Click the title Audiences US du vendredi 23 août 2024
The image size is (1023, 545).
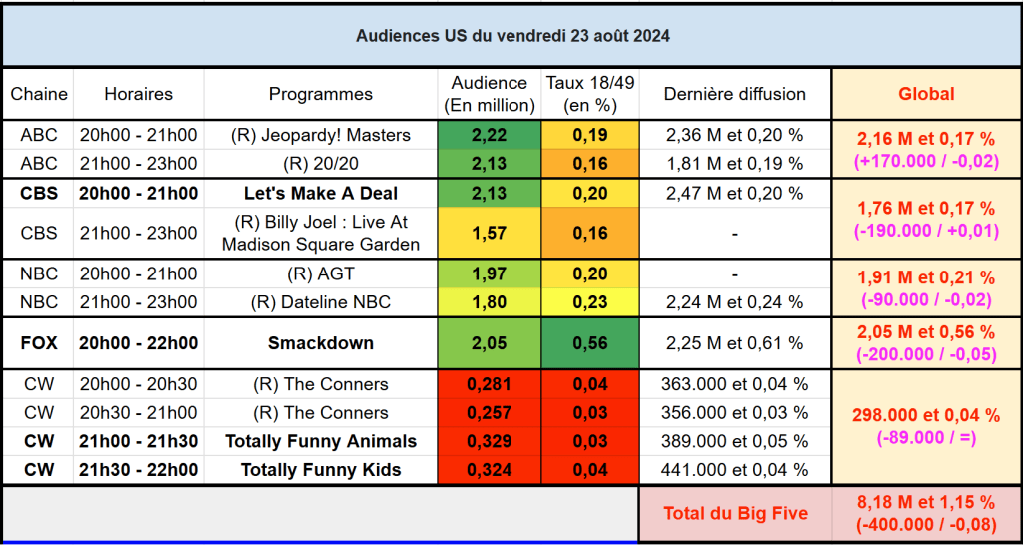click(x=512, y=36)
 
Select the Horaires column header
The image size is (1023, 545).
click(x=138, y=94)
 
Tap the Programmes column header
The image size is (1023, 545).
click(x=320, y=94)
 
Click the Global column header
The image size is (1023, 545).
click(x=926, y=94)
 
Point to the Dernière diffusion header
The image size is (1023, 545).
click(x=735, y=94)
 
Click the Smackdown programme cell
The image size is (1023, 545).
click(x=320, y=343)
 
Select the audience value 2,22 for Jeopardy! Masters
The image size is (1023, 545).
click(x=489, y=135)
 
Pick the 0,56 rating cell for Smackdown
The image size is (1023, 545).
click(x=589, y=343)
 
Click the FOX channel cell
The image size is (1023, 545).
click(x=39, y=343)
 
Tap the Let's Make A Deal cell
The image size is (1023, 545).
click(x=320, y=193)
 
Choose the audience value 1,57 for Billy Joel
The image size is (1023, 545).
click(x=489, y=233)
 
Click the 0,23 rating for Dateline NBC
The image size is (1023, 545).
click(x=589, y=302)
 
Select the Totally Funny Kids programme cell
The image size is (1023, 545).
click(x=320, y=470)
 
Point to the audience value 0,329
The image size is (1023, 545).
click(x=489, y=441)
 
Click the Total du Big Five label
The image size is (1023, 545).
click(x=735, y=514)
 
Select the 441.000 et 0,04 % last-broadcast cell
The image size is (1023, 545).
click(x=735, y=470)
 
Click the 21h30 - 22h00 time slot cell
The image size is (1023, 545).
click(x=138, y=470)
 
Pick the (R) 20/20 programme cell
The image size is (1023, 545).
click(x=320, y=163)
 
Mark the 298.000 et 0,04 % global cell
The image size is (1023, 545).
click(x=926, y=415)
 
